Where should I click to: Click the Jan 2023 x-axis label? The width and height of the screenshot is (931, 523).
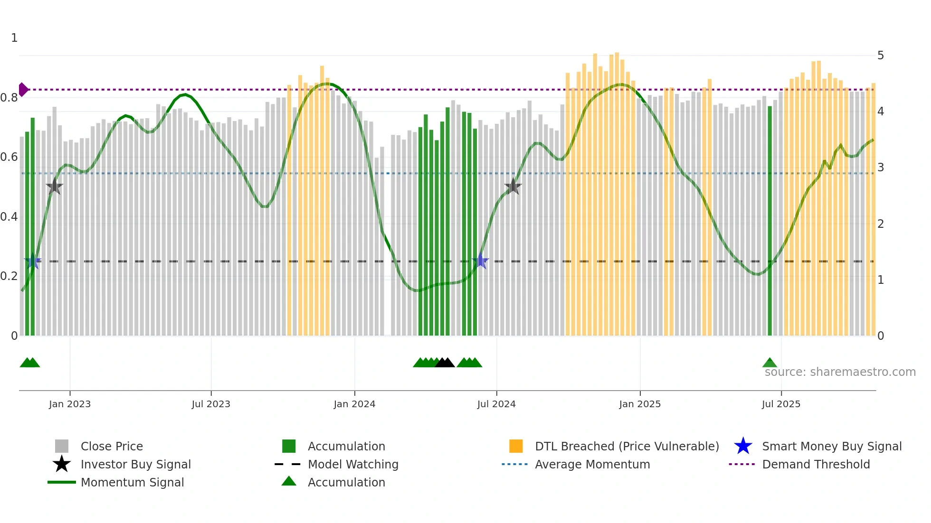coord(70,404)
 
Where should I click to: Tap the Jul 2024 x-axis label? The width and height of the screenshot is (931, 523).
coord(496,404)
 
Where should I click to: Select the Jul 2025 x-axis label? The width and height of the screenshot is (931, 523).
coord(781,404)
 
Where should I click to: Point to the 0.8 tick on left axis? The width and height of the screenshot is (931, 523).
coord(9,98)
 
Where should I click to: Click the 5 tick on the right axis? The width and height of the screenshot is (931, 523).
coord(881,56)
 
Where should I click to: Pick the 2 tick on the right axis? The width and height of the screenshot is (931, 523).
coord(881,224)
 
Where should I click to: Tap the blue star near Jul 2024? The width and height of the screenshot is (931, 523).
coord(481,261)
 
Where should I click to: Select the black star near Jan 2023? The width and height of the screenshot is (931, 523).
coord(55,187)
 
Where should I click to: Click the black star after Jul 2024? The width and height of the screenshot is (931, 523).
coord(513,187)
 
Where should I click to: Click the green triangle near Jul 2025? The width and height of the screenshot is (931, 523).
coord(769,363)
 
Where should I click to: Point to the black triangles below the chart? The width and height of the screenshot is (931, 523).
coord(445,363)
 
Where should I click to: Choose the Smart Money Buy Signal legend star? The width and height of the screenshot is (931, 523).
coord(743,446)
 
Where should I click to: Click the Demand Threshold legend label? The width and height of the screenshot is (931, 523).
coord(816,465)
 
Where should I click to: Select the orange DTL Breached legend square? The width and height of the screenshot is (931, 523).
coord(516,446)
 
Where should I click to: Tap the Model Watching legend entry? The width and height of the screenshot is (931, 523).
coord(353,465)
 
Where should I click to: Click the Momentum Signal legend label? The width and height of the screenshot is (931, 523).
coord(132,483)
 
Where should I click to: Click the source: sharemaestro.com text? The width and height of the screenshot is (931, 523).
coord(840,372)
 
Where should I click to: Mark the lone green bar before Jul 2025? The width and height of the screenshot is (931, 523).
coord(770,221)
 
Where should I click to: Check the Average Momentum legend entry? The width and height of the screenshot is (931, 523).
coord(592,465)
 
